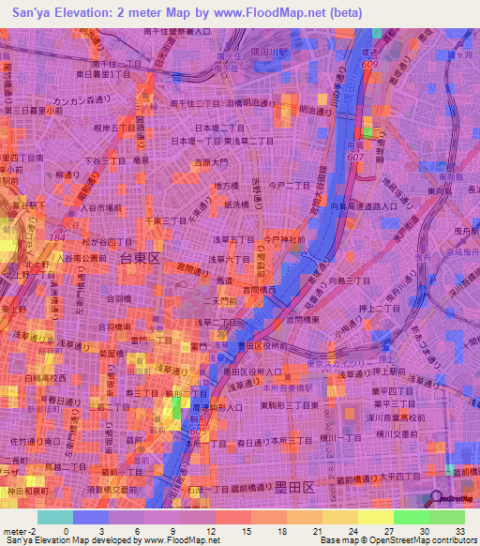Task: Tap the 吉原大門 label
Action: coord(209,163)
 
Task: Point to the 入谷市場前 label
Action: coord(100,207)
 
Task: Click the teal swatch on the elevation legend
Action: coord(54,517)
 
